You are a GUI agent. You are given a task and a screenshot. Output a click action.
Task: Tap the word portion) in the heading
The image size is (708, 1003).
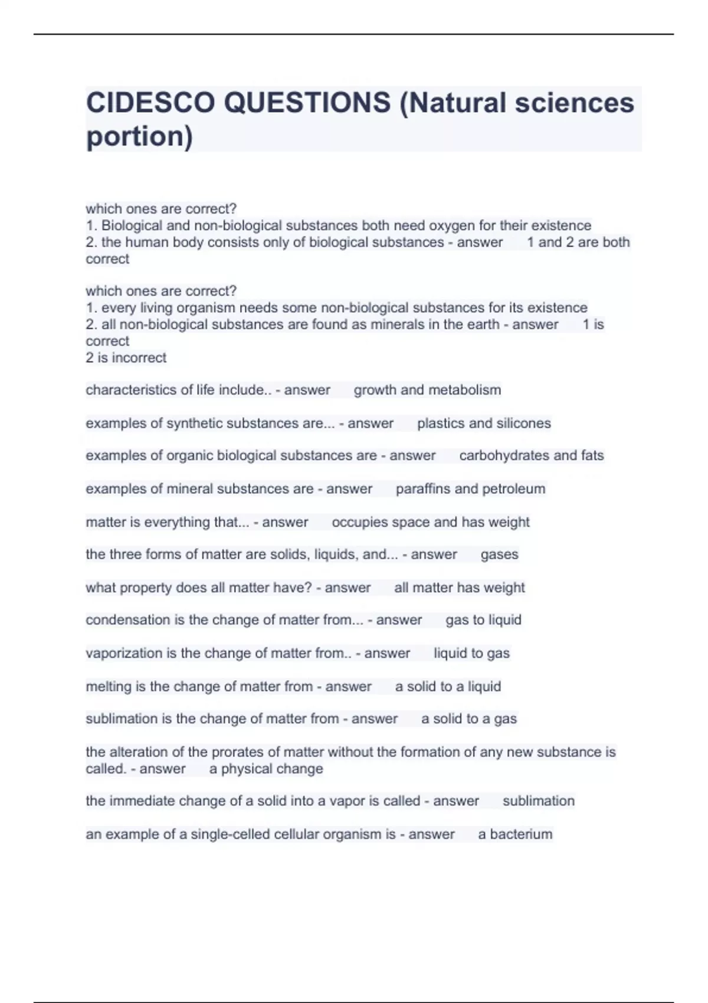[x=139, y=137]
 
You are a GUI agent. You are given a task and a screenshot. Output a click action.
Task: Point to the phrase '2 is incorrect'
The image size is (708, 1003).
[x=126, y=358]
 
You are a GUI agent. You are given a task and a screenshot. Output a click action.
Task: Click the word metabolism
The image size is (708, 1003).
[x=466, y=390]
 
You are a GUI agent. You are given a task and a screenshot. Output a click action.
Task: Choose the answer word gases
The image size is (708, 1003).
[x=499, y=555]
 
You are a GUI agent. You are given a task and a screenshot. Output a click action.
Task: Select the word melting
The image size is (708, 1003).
[x=109, y=687]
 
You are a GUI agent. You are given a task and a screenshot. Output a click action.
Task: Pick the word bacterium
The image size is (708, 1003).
[x=521, y=834]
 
